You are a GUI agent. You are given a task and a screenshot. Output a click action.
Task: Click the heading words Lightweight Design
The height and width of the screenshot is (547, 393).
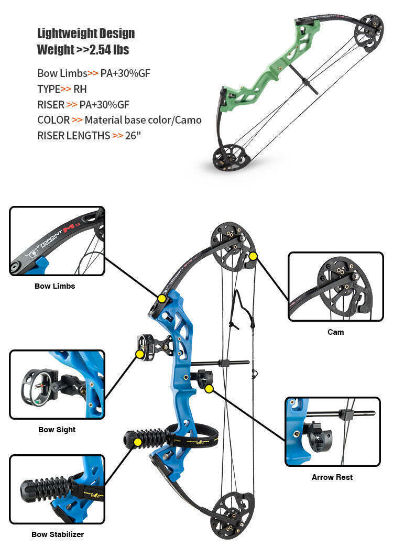click(86, 34)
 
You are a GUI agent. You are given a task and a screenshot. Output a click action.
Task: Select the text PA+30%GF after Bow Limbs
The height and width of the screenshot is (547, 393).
click(125, 73)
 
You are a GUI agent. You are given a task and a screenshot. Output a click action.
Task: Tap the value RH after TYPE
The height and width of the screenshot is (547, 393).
click(80, 89)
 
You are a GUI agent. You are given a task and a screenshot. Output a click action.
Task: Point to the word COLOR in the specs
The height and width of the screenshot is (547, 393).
click(53, 120)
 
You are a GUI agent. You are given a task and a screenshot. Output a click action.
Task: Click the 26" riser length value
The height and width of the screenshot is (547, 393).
click(134, 136)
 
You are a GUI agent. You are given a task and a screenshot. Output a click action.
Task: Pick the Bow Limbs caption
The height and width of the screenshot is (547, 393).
click(55, 286)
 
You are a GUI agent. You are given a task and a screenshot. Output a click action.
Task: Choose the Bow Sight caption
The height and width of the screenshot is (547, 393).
click(57, 430)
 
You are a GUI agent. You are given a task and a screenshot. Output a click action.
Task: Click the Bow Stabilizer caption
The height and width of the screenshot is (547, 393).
click(57, 534)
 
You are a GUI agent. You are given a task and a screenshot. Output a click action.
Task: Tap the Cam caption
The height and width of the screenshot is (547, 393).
click(336, 332)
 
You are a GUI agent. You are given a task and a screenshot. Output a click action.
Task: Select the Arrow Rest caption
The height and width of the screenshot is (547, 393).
click(332, 477)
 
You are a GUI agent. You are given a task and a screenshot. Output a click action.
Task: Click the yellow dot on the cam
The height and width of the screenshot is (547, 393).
click(254, 256)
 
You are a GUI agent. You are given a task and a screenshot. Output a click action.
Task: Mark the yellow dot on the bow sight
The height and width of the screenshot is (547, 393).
click(140, 354)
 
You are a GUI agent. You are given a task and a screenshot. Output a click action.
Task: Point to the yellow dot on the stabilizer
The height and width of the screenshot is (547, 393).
click(137, 442)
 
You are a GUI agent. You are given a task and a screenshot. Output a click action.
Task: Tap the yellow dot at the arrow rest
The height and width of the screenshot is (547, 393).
click(209, 389)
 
